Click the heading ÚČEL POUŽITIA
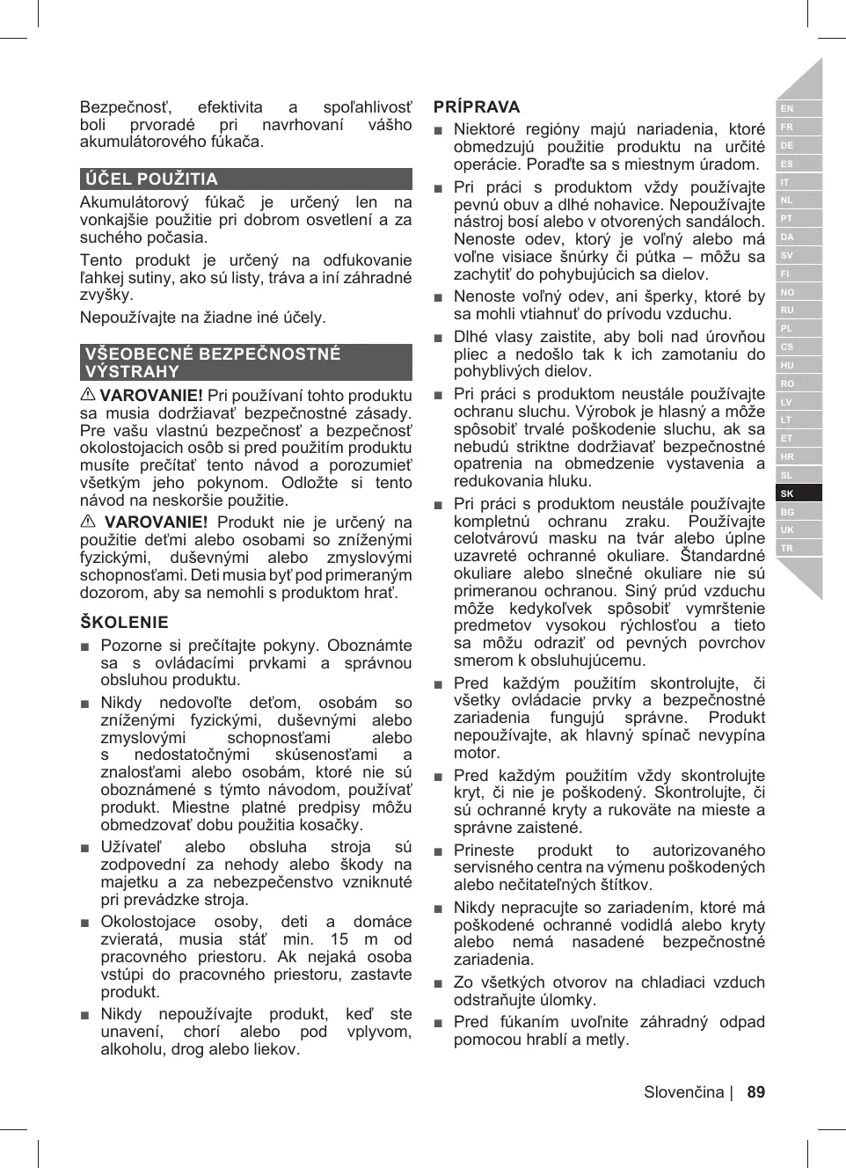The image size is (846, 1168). click(x=151, y=179)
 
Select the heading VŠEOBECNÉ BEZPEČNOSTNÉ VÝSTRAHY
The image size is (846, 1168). click(x=212, y=362)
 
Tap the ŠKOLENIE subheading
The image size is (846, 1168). click(x=124, y=623)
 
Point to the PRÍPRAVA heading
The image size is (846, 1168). click(x=477, y=107)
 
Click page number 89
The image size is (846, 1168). click(x=755, y=1092)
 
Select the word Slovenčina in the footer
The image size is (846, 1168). click(x=683, y=1092)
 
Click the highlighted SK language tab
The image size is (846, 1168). click(x=787, y=493)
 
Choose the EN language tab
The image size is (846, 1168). click(x=787, y=109)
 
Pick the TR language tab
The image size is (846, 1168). click(x=787, y=548)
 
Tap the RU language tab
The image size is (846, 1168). click(x=787, y=310)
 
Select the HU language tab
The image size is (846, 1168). click(x=787, y=365)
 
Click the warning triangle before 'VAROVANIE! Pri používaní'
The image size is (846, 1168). click(x=88, y=396)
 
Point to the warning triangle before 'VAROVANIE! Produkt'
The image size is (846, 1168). click(x=88, y=522)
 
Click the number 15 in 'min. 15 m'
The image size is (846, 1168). click(x=339, y=939)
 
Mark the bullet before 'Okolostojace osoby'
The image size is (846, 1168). click(x=85, y=923)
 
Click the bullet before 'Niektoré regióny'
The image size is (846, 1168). click(x=439, y=130)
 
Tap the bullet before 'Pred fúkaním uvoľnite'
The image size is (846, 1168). click(x=439, y=1023)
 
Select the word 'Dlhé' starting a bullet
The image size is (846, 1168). click(x=470, y=337)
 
